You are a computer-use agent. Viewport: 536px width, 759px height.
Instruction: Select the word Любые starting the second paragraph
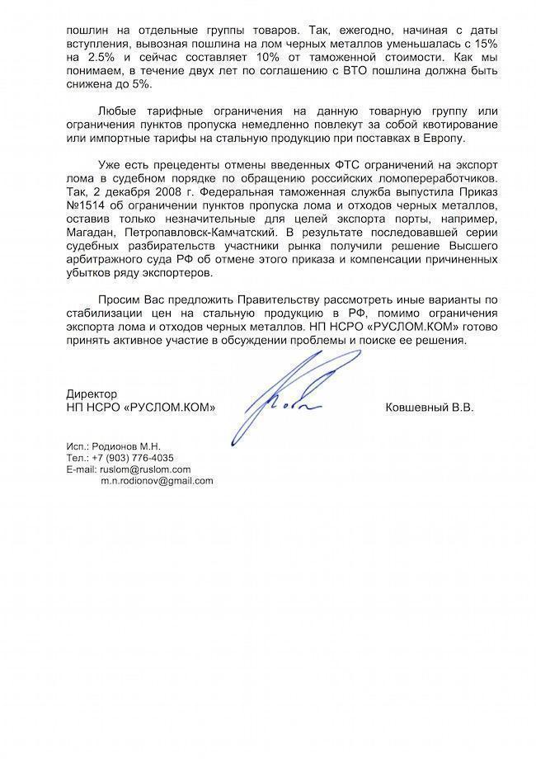click(x=115, y=113)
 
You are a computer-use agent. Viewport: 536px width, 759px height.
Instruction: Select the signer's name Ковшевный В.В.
click(x=430, y=408)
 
